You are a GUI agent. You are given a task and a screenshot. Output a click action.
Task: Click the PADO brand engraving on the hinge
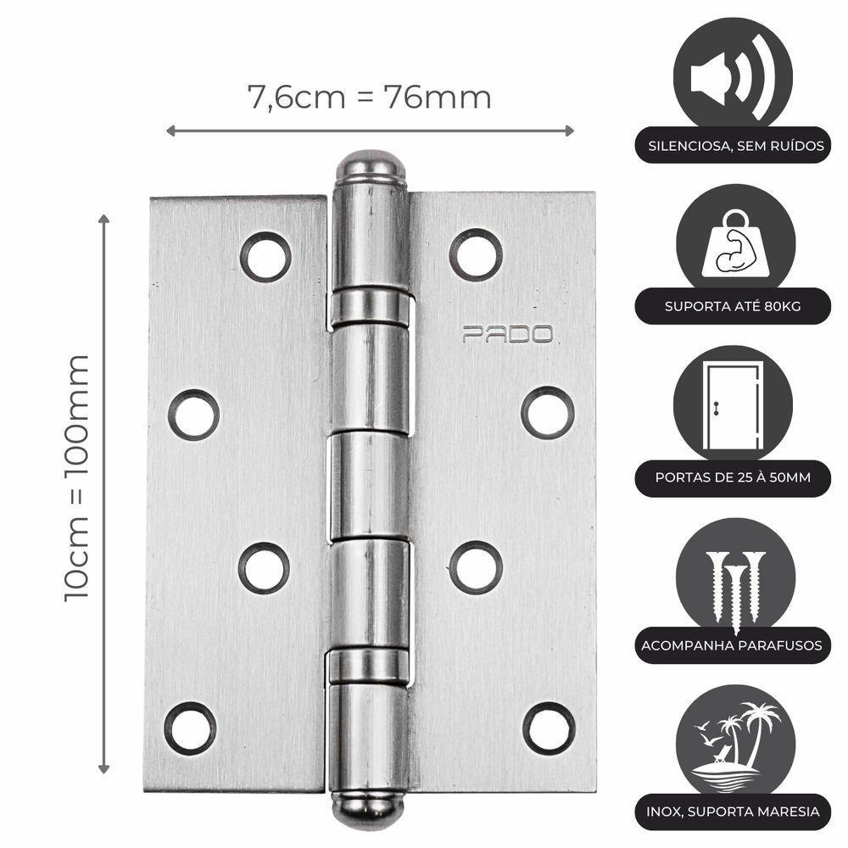click(x=507, y=334)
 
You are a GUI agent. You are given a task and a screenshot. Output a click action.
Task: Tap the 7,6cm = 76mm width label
click(x=369, y=98)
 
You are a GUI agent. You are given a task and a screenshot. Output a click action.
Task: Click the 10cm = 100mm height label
click(x=77, y=477)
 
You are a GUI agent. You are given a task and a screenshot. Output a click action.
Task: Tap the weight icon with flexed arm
click(x=733, y=246)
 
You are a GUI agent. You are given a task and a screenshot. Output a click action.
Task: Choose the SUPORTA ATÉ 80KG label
click(x=734, y=306)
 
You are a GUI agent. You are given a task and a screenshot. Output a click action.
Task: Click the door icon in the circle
click(x=733, y=404)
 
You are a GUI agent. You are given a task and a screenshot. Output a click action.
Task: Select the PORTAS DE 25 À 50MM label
click(x=733, y=477)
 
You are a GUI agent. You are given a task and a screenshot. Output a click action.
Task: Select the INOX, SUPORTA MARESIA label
click(x=734, y=812)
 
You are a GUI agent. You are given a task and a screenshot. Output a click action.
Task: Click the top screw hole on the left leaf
click(x=265, y=256)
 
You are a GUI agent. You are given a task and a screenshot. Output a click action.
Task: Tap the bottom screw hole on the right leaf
click(x=549, y=728)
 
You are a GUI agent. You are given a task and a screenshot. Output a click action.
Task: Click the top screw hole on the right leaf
click(x=476, y=254)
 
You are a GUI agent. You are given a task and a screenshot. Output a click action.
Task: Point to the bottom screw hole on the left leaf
click(x=190, y=728)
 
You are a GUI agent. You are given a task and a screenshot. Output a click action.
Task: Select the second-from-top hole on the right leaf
click(x=548, y=412)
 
